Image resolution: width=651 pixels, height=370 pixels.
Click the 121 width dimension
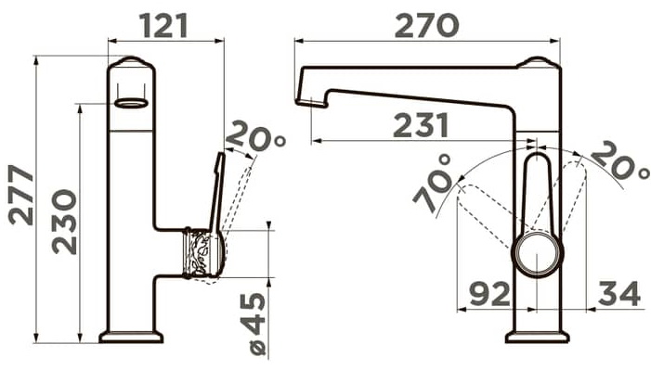tap(164, 26)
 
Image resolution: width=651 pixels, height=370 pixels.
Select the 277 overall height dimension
tap(21, 195)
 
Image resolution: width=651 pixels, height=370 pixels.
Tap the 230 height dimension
tap(65, 222)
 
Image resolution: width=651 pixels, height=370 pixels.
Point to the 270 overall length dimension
tap(427, 25)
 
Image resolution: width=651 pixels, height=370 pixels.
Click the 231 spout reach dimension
tap(421, 125)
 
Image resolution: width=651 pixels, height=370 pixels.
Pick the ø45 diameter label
tap(257, 324)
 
